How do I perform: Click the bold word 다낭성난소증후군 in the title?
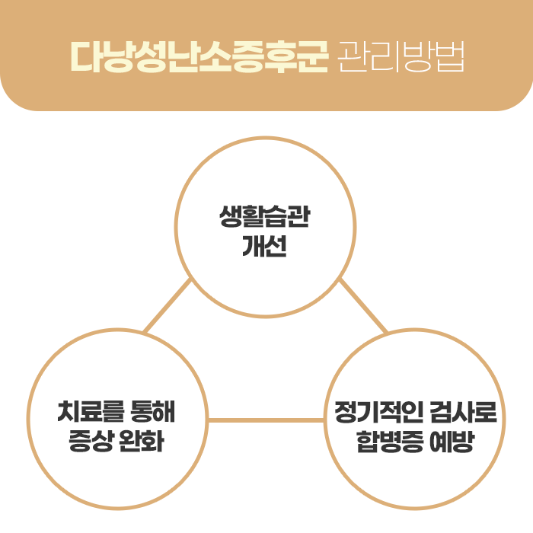pyautogui.click(x=199, y=56)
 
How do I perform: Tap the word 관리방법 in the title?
pyautogui.click(x=399, y=56)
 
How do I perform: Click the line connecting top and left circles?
pyautogui.click(x=168, y=306)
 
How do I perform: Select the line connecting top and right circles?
pyautogui.click(x=363, y=306)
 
